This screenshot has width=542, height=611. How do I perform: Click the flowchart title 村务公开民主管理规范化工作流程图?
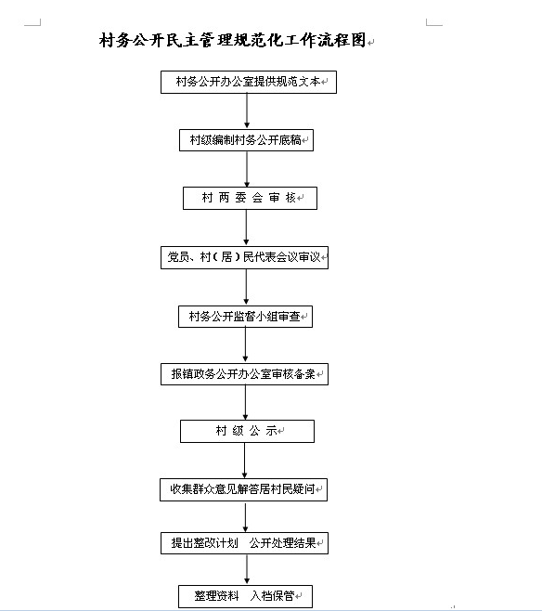coord(232,40)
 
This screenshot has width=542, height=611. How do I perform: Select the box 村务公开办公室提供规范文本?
coord(249,83)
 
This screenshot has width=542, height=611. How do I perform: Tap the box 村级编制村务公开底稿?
coord(246,140)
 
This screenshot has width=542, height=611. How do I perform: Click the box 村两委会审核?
coord(250,199)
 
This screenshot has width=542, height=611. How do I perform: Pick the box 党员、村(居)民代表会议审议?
coord(244,257)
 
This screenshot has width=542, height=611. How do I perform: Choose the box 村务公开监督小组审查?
coord(245,317)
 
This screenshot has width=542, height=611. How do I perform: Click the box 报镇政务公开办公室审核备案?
coord(244,374)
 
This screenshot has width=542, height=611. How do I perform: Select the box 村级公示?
coord(247,431)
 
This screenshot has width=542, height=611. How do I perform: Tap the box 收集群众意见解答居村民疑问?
coord(243,489)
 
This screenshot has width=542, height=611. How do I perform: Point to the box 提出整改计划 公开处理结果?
coord(244,543)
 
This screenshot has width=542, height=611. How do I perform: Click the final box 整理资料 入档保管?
coord(245,596)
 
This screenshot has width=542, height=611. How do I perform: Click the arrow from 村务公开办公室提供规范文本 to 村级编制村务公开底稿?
coord(247,110)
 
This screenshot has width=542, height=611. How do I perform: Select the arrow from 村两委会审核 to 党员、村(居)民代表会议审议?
coord(246,227)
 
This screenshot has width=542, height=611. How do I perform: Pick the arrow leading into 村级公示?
coord(245,402)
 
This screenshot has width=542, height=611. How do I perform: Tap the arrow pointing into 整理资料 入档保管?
coord(247,569)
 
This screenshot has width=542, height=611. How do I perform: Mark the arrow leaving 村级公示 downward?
coord(244,461)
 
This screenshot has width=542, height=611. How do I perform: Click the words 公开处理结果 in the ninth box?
coord(282,543)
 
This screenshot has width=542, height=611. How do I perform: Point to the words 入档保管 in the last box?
coord(272,596)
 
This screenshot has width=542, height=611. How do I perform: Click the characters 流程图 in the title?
coord(342,40)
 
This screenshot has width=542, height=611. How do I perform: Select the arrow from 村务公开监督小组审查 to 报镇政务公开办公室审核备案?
coord(245,344)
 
